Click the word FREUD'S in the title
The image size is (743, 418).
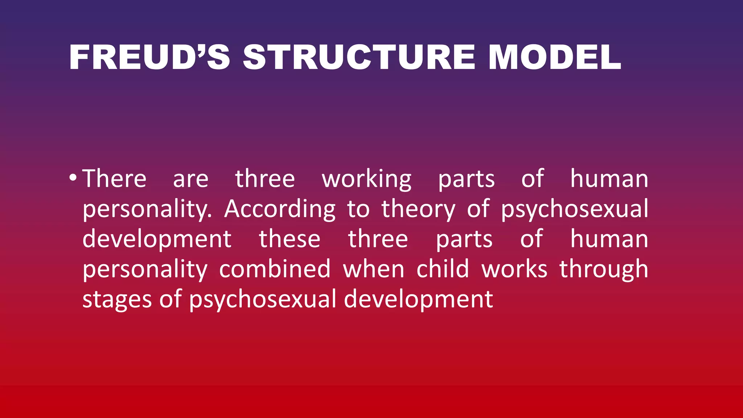coord(149,57)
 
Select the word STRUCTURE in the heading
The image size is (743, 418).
coord(359,57)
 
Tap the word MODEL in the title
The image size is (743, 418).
coord(555,57)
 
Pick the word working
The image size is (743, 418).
coord(367,180)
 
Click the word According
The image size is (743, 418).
coord(280,209)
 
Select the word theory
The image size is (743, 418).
coord(418,209)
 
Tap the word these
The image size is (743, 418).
coord(290,239)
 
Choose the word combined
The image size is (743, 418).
coord(275,269)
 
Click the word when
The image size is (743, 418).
coord(374,269)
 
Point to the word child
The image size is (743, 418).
coord(443,269)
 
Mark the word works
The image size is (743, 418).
coord(514,269)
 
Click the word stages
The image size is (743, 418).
coord(117,300)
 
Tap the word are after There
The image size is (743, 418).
coord(191,179)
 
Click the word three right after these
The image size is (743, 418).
coord(378,239)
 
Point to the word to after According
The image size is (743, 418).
coord(358,209)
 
